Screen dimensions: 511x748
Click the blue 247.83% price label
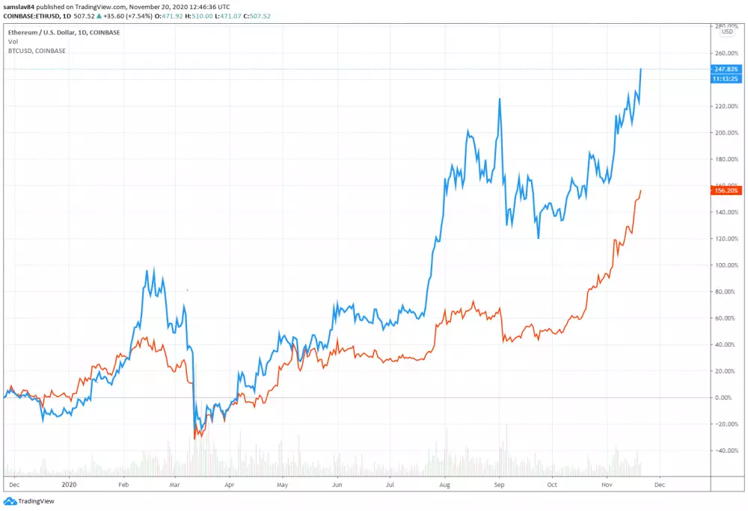click(x=726, y=69)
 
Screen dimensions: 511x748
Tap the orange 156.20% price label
click(x=726, y=191)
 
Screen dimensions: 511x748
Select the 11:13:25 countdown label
click(x=726, y=78)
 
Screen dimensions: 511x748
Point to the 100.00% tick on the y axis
click(x=726, y=265)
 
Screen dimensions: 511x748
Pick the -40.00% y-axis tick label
click(x=726, y=450)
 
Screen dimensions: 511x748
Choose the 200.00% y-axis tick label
click(x=726, y=133)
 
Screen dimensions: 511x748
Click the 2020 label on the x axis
click(x=69, y=484)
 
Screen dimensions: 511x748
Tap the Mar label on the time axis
click(x=174, y=484)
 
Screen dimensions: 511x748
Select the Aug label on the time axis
click(x=444, y=484)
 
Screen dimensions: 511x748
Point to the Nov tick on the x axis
click(x=607, y=484)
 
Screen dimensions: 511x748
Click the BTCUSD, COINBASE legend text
click(x=37, y=51)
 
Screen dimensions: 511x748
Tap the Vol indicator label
click(x=13, y=42)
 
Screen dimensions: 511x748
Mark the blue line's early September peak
click(x=498, y=99)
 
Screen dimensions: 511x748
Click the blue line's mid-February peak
click(x=153, y=270)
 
